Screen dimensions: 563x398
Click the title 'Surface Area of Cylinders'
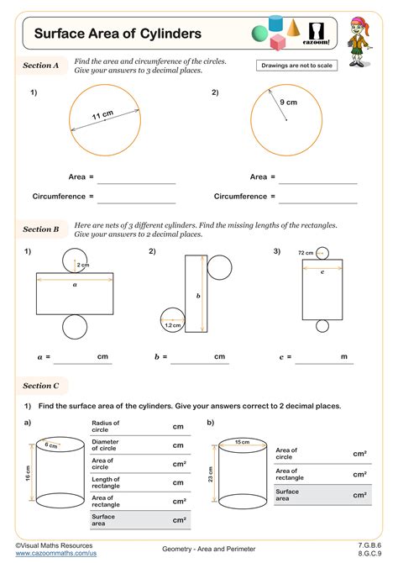pyautogui.click(x=118, y=34)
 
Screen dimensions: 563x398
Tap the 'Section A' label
pyautogui.click(x=41, y=65)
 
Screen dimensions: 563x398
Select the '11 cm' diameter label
pyautogui.click(x=102, y=114)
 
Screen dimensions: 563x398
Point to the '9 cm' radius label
pyautogui.click(x=289, y=103)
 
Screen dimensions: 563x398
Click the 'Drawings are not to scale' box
pyautogui.click(x=296, y=65)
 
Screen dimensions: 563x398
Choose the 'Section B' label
pyautogui.click(x=41, y=229)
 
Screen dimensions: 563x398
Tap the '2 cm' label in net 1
pyautogui.click(x=82, y=266)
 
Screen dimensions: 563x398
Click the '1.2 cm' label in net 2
pyautogui.click(x=173, y=325)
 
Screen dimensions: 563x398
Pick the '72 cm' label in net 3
pyautogui.click(x=306, y=253)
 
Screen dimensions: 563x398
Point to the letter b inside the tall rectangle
pyautogui.click(x=198, y=296)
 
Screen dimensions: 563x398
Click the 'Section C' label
pyautogui.click(x=41, y=386)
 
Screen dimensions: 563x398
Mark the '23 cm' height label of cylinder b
pyautogui.click(x=210, y=474)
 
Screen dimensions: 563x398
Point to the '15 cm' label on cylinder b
pyautogui.click(x=242, y=442)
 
